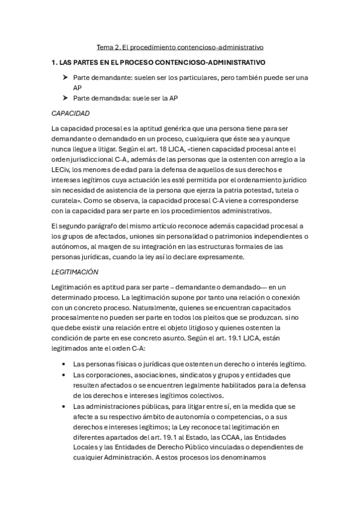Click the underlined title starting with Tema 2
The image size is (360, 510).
180,46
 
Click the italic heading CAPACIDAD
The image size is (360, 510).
71,113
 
